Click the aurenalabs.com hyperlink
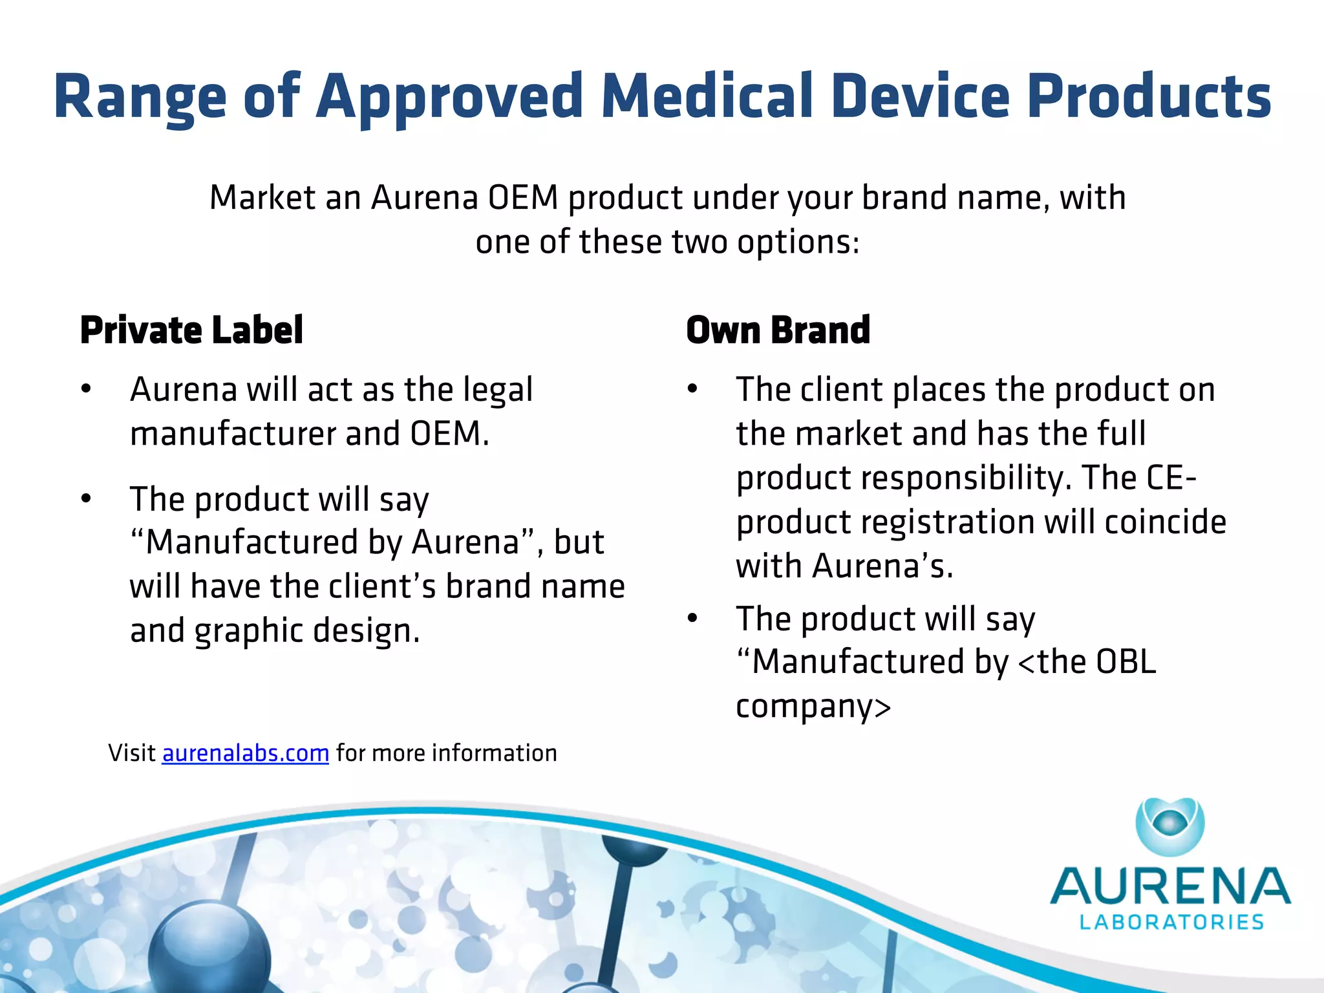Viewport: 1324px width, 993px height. pos(245,753)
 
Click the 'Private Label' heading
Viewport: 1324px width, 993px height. pos(191,330)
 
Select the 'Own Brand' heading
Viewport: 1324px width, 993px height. pos(778,330)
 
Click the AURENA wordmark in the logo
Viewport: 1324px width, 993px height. pos(1170,886)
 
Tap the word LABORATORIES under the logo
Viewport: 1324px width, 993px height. pos(1171,922)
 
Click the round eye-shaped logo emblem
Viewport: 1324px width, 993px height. pos(1170,826)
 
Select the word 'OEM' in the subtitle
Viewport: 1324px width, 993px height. pos(523,197)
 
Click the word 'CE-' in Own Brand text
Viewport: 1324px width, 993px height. pos(1171,478)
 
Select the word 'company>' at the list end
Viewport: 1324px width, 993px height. pos(813,707)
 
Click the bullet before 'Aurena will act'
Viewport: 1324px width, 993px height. pos(86,389)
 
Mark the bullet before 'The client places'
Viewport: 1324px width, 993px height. pos(692,389)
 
